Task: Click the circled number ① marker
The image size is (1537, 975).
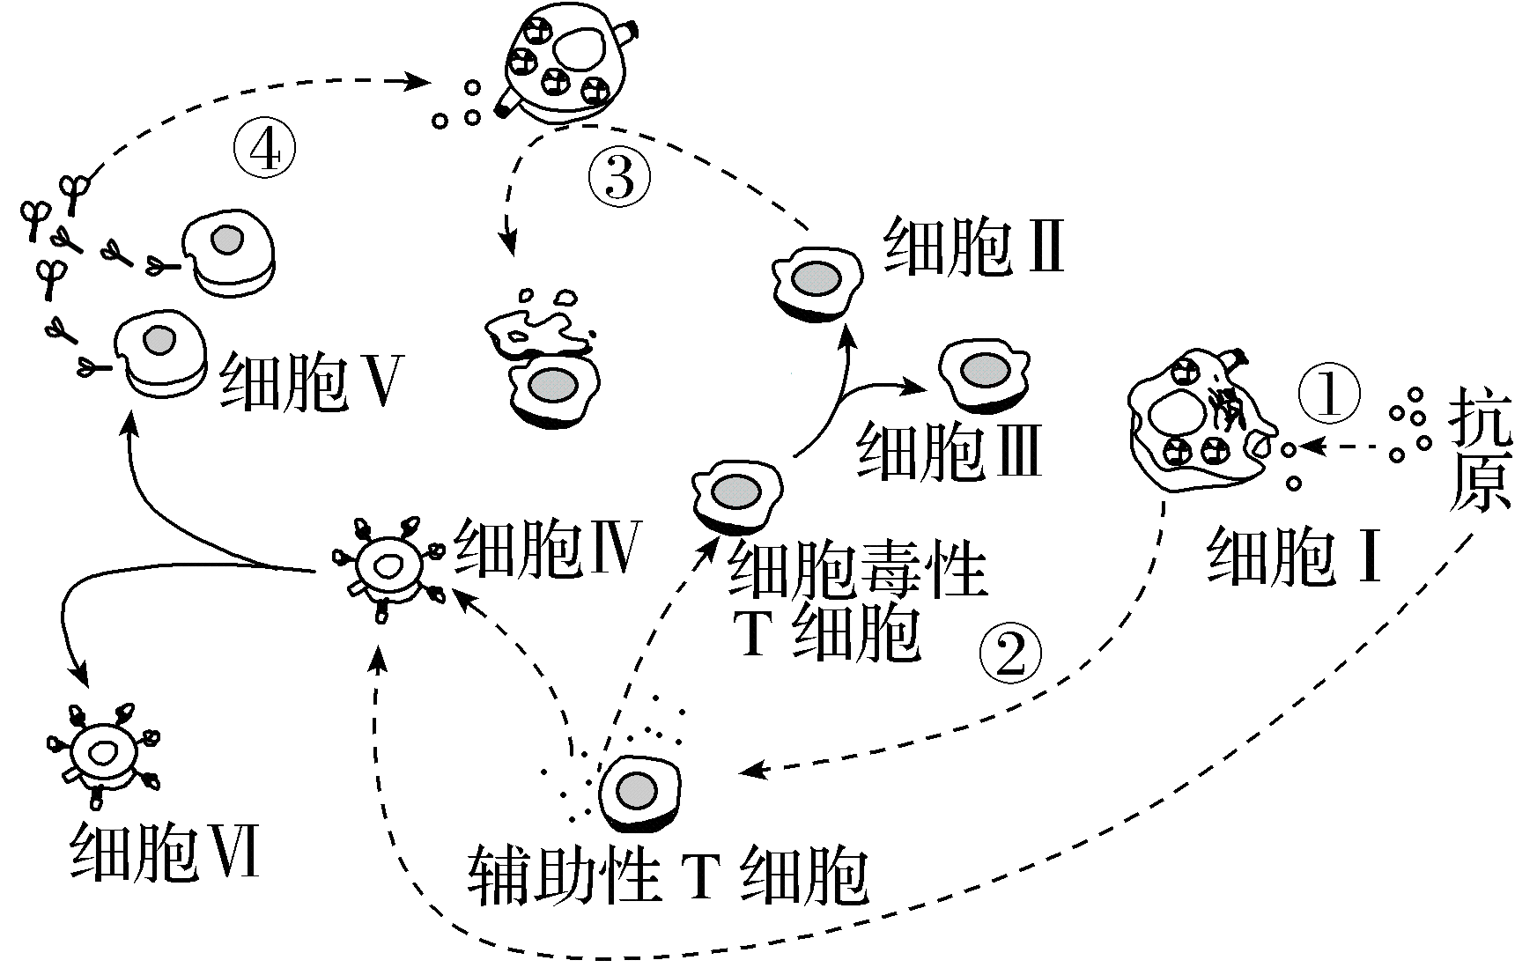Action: pos(1329,393)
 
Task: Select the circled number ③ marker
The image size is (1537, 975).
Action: pos(619,177)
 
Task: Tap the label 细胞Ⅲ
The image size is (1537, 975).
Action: pos(949,451)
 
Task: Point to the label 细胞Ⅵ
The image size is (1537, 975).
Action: pos(165,852)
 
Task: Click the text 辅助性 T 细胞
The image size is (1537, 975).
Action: pos(667,875)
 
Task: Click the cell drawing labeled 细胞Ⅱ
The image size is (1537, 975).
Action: pos(817,282)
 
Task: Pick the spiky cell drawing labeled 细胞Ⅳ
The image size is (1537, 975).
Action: pos(386,566)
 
